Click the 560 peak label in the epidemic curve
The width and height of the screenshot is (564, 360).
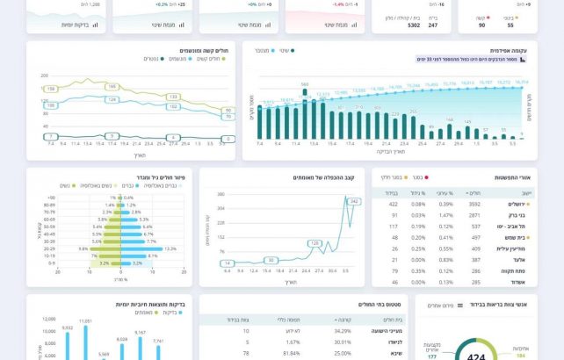[304, 84]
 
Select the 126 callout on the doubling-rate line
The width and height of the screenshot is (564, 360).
[314, 242]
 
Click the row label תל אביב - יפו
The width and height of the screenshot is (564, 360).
[515, 226]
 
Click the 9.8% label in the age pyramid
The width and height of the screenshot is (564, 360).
[83, 248]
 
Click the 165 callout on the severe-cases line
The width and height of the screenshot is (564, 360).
[112, 87]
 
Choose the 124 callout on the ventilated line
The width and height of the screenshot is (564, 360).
[112, 99]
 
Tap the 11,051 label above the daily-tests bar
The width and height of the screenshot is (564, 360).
[85, 321]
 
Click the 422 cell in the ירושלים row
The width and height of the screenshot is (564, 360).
[394, 204]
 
